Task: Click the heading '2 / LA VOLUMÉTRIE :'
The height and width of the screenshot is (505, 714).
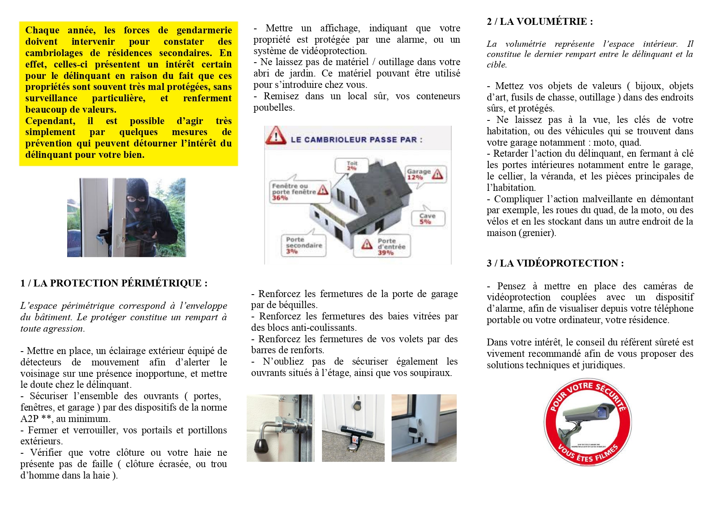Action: click(x=539, y=22)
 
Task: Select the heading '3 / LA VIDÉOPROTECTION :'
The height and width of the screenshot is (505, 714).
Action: click(x=555, y=263)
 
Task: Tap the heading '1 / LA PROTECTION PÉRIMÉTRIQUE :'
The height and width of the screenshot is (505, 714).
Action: click(x=114, y=283)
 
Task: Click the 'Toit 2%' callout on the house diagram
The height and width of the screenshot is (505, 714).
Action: click(x=352, y=166)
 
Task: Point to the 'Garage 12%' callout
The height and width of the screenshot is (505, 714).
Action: click(x=425, y=174)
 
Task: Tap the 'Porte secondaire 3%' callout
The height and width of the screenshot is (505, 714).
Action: click(x=303, y=245)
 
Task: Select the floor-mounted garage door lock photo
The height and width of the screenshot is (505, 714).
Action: click(x=353, y=428)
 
